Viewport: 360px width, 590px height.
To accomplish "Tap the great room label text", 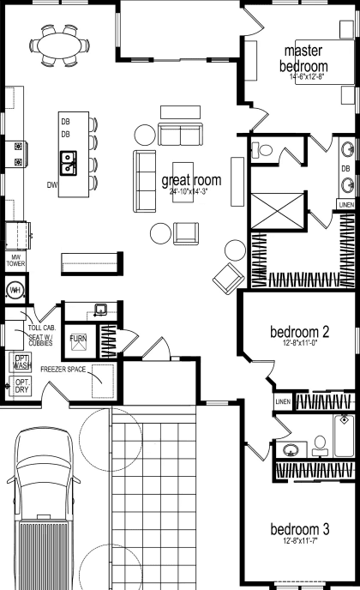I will (x=191, y=181).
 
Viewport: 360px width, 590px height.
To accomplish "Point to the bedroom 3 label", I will (x=300, y=528).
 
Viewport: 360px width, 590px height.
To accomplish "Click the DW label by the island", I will (x=52, y=184).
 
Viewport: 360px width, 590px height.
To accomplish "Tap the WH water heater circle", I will (x=15, y=291).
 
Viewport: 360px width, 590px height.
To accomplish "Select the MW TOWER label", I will (x=16, y=261).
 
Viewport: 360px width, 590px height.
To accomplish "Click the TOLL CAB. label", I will (x=41, y=328).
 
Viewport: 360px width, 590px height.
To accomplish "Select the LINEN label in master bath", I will (x=345, y=206).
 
